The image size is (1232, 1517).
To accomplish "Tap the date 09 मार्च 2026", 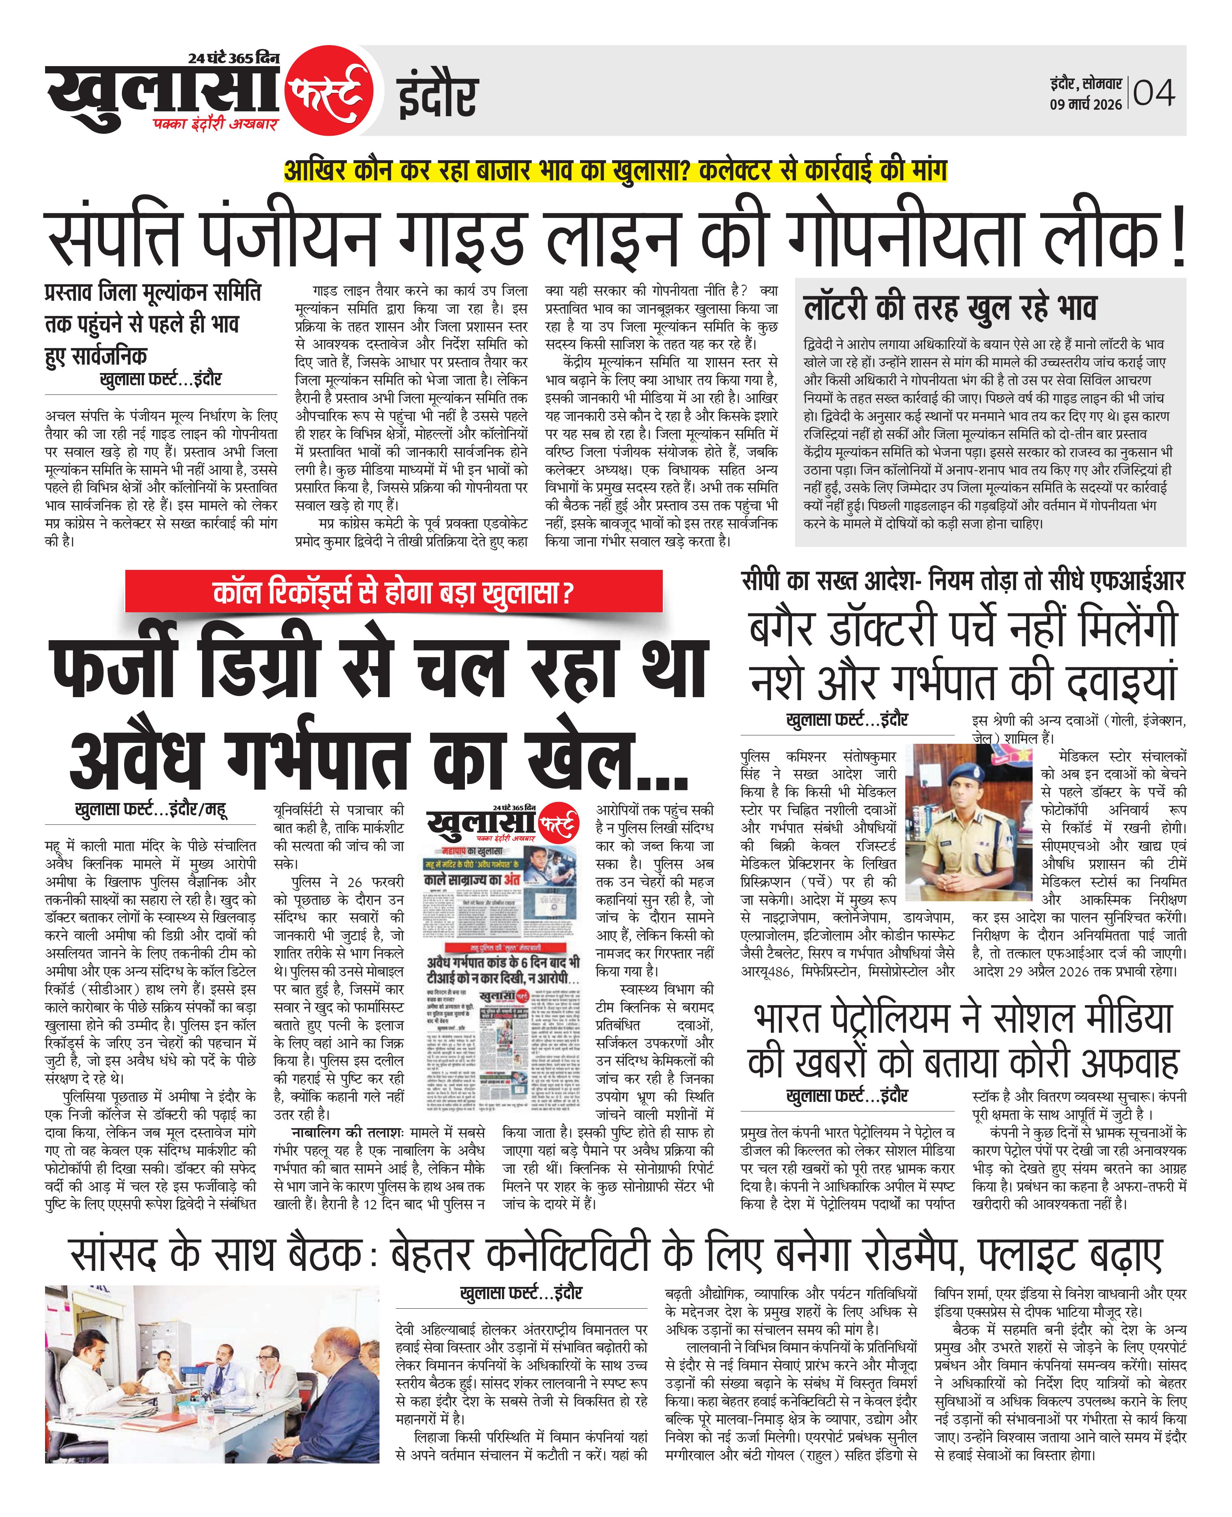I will coord(1086,104).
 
